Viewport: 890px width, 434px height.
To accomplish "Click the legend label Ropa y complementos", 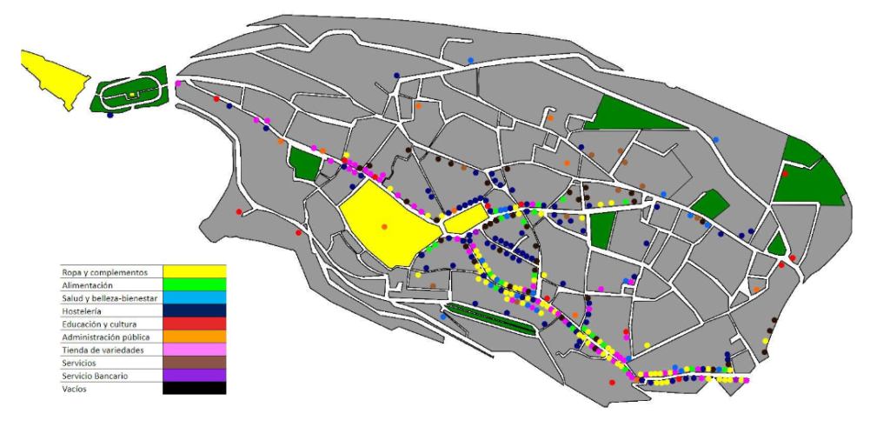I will pos(98,272).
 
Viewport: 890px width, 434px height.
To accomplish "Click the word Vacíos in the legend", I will pos(74,389).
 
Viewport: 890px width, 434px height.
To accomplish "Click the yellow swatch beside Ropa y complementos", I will pos(194,272).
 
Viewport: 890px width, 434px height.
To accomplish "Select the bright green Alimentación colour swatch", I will pos(194,285).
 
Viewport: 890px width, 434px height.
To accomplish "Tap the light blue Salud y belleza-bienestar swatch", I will pos(194,298).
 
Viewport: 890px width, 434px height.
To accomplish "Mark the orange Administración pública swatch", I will pos(194,337).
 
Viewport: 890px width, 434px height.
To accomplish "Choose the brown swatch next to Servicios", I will pos(194,363).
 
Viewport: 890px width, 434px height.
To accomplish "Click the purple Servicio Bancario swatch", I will pos(194,376).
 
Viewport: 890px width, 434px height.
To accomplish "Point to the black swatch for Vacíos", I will pos(194,389).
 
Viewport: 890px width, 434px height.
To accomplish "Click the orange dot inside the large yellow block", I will pos(384,227).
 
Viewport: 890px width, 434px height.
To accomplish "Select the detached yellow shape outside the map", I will pos(54,77).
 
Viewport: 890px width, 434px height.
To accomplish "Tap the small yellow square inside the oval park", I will pos(131,94).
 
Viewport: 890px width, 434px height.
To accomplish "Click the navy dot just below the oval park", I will pos(110,115).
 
